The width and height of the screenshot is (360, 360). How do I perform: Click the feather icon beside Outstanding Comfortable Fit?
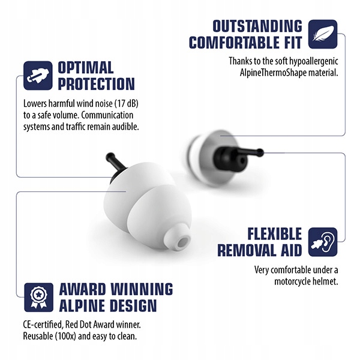pos(323,34)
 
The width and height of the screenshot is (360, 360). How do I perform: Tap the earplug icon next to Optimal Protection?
pos(37,74)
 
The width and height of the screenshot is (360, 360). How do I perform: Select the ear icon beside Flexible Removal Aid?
pos(323,242)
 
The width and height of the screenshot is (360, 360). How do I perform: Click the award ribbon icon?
pos(37,296)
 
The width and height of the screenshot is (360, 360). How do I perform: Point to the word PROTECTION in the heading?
pos(96,83)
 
